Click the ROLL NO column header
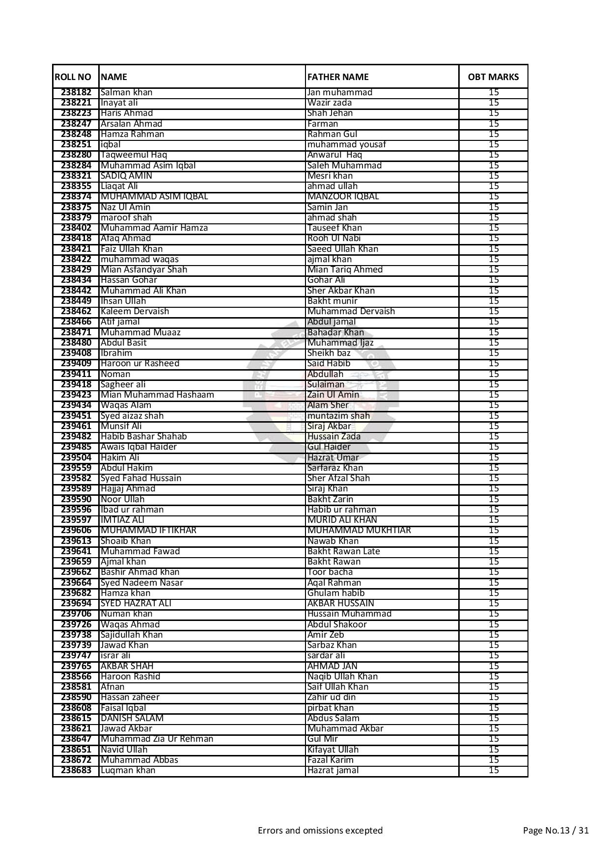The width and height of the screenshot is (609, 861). pos(73,77)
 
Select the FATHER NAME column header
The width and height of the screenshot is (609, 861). pos(337,77)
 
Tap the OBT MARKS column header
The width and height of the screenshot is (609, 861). pos(493,77)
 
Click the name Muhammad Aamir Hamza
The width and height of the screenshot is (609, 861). pos(154,228)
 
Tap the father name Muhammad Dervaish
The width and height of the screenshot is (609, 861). pos(351,311)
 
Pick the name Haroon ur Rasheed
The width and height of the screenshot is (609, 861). pos(139,363)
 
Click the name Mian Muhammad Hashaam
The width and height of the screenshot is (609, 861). pos(157,395)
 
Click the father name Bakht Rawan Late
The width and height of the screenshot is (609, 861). pos(343,551)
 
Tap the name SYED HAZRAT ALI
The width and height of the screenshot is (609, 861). pos(136,603)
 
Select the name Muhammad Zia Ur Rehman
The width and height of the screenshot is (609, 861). pos(157,739)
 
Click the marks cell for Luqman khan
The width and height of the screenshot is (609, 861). pos(493,770)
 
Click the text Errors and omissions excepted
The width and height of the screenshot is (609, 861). pos(320,831)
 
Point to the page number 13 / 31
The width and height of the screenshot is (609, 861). pos(555,831)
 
